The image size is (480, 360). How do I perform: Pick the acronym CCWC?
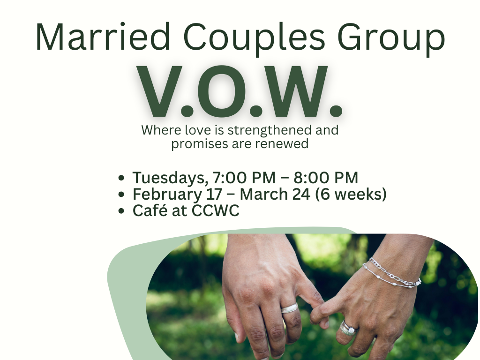click(216, 210)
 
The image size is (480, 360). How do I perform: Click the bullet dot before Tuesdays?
click(122, 179)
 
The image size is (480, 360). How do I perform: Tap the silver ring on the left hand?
click(290, 308)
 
